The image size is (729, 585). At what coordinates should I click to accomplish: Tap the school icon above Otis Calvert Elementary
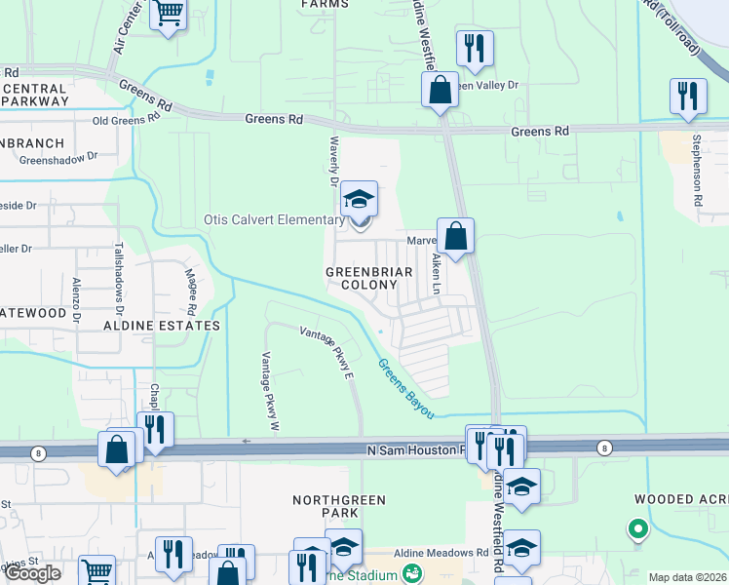coord(359,199)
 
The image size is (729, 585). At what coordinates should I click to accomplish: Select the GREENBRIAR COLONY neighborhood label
coord(362,278)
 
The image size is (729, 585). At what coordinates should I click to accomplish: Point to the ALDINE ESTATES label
coord(155,325)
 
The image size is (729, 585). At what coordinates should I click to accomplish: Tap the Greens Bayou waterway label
coord(405,388)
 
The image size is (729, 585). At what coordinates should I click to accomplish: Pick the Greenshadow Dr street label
coord(58,156)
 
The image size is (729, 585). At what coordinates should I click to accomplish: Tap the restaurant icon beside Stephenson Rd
coord(688,97)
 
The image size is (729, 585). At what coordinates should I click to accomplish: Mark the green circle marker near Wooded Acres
coord(637,529)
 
